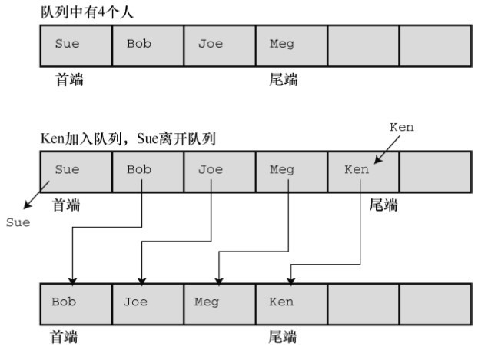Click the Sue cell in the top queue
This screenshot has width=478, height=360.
coord(76,44)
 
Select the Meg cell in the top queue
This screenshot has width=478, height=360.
coord(291,44)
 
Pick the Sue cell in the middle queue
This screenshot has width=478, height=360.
coord(76,170)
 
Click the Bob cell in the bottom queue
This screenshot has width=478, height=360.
coord(76,302)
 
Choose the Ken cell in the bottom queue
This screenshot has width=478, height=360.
coord(291,302)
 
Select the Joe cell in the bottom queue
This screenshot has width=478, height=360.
coord(148,302)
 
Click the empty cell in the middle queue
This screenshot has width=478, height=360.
coord(434,170)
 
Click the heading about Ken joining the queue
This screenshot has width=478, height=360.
coord(128,139)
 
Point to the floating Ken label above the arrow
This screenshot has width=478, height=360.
coord(402,127)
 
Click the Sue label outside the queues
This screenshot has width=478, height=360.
coord(17,222)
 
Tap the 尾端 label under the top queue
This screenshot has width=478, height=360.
coord(282,80)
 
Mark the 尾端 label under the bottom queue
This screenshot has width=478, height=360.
coord(282,336)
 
